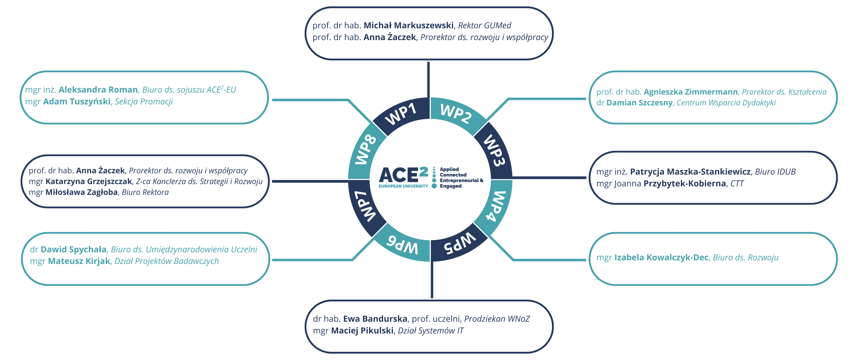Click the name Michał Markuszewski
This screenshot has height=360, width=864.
click(x=409, y=26)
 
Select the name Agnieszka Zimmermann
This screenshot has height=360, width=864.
click(x=690, y=92)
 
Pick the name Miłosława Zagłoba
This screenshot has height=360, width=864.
click(x=81, y=192)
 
